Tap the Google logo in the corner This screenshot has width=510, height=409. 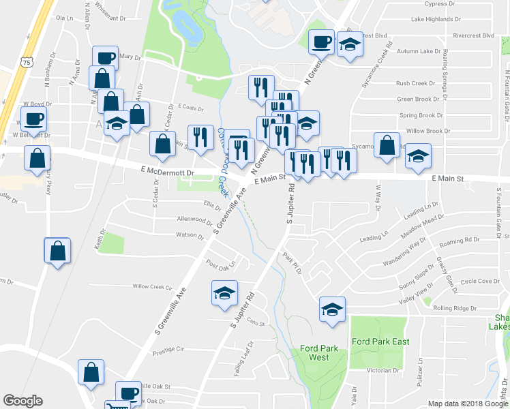tap(23, 401)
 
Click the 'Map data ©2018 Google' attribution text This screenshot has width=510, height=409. tap(467, 404)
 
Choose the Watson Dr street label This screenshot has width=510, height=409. tap(190, 236)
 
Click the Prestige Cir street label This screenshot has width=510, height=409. tap(168, 349)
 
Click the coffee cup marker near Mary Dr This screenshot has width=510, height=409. tap(105, 57)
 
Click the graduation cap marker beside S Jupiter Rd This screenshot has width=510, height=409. tap(224, 292)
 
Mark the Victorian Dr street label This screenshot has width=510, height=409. tap(382, 372)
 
